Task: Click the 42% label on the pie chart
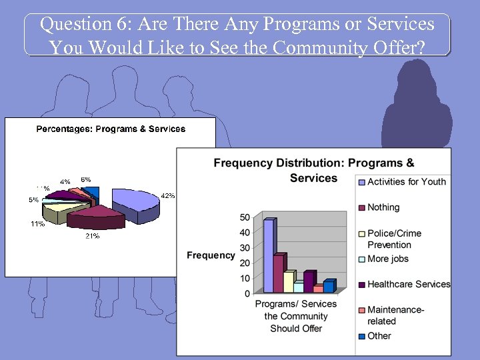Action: tap(168, 195)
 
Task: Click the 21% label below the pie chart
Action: tap(92, 236)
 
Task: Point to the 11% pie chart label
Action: tap(37, 224)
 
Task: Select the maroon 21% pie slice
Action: tap(96, 216)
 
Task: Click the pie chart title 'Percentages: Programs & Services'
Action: tap(111, 129)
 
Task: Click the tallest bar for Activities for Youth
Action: tap(268, 256)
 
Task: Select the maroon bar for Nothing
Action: tap(279, 273)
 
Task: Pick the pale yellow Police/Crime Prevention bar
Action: tap(289, 281)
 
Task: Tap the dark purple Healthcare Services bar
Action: tap(308, 281)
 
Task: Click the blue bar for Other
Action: tap(328, 287)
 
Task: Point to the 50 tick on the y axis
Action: tap(245, 217)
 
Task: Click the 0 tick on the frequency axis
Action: tap(247, 293)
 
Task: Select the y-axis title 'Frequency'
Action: tap(211, 255)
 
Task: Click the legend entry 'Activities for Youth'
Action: tap(407, 181)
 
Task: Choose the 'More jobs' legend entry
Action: tap(388, 259)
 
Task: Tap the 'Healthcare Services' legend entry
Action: tap(408, 284)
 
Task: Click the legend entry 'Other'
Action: tap(379, 335)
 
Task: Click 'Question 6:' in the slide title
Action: tap(75, 25)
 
